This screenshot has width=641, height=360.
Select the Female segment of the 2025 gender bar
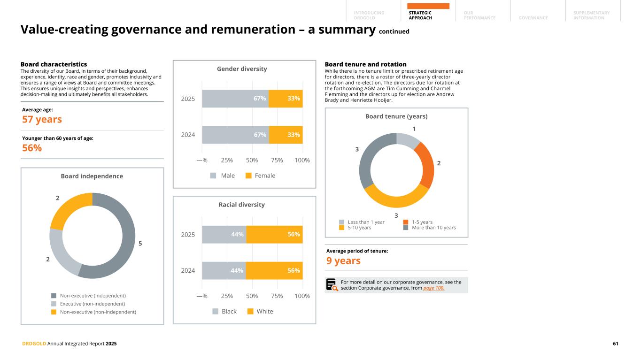pyautogui.click(x=286, y=99)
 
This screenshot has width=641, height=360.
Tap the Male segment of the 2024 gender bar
pyautogui.click(x=235, y=135)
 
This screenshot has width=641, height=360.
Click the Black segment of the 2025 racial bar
pyautogui.click(x=224, y=234)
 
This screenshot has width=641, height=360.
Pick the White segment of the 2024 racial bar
pyautogui.click(x=274, y=270)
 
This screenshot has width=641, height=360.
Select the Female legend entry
pyautogui.click(x=261, y=176)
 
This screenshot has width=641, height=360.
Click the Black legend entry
pyautogui.click(x=224, y=311)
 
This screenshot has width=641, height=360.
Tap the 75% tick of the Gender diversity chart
pyautogui.click(x=277, y=160)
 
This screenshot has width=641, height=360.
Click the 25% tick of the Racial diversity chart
pyautogui.click(x=227, y=296)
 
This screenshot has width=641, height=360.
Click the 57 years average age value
pyautogui.click(x=42, y=119)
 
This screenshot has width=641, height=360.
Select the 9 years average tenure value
pyautogui.click(x=343, y=260)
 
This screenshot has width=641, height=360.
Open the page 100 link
pyautogui.click(x=433, y=288)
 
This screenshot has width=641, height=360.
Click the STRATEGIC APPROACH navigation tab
pyautogui.click(x=420, y=15)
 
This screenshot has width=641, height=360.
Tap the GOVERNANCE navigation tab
pyautogui.click(x=533, y=18)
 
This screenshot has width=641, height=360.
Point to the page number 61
pyautogui.click(x=615, y=344)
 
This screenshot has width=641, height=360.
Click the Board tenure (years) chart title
pyautogui.click(x=396, y=116)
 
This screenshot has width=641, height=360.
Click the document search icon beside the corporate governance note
pyautogui.click(x=332, y=285)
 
